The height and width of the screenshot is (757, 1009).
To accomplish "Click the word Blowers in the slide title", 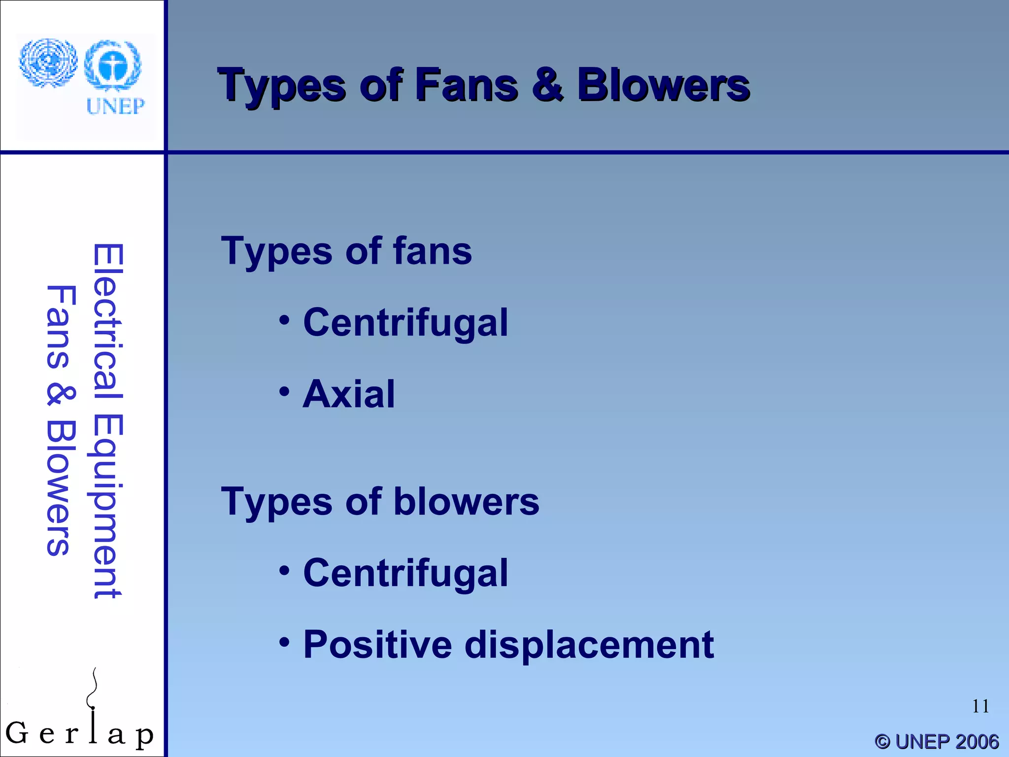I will [663, 85].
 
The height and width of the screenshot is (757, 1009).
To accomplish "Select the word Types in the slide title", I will [282, 86].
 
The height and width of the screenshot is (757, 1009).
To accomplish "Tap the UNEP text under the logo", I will [115, 106].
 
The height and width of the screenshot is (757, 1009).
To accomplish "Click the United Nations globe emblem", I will [48, 63].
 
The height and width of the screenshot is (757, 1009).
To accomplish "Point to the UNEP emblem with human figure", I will [113, 65].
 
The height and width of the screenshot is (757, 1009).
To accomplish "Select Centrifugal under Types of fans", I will [405, 323].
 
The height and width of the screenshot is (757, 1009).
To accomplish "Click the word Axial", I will [349, 394].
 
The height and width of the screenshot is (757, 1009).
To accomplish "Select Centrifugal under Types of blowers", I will [405, 573].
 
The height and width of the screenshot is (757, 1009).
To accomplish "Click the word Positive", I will [377, 645].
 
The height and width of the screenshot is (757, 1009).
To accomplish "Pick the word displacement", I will [589, 646].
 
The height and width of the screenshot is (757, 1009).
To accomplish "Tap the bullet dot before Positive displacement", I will [284, 642].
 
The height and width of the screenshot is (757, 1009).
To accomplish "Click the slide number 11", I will [980, 706].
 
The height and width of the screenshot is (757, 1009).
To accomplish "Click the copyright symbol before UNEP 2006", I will [882, 742].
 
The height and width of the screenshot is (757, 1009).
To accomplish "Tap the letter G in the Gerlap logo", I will [17, 733].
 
